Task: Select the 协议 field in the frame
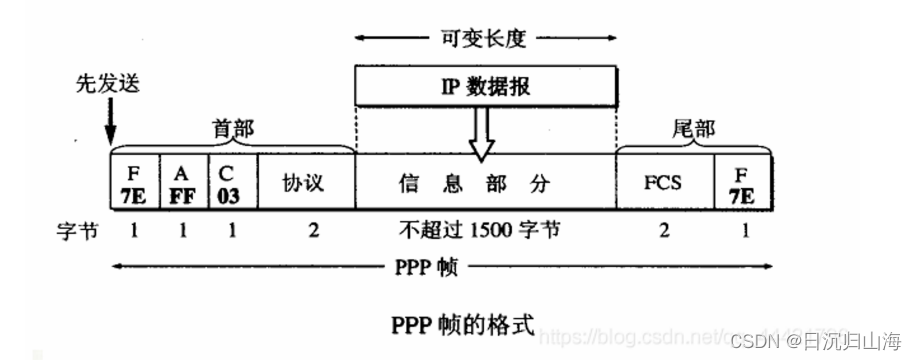tap(306, 182)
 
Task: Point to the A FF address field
tap(183, 182)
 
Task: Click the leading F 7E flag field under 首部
tap(134, 182)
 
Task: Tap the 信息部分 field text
tap(484, 182)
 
